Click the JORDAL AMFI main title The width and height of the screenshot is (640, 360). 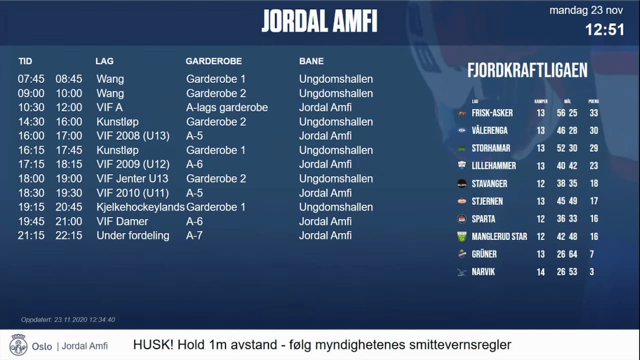point(319,21)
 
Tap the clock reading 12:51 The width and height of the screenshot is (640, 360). point(604,29)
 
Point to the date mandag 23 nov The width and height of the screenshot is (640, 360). point(586,10)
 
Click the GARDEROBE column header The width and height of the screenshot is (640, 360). point(213,61)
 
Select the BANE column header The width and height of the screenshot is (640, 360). point(311,61)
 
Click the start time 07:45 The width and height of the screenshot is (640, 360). point(31,79)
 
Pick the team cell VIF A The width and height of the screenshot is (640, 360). point(109,107)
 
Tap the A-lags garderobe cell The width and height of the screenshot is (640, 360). point(227,107)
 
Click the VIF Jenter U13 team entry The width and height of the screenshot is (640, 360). point(132,178)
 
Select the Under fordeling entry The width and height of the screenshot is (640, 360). point(133,235)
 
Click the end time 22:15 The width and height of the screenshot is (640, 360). point(69,235)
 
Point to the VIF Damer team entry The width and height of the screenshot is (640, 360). point(122,221)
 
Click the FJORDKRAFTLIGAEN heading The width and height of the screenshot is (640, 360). point(527,70)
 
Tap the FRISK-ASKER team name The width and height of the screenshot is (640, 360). point(492,113)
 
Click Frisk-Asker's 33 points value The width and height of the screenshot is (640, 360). point(593,113)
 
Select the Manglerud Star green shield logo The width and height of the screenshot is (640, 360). point(462,236)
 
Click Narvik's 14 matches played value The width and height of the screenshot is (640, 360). point(540,272)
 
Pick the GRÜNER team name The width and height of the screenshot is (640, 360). point(484,254)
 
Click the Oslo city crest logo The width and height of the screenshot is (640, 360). point(18,345)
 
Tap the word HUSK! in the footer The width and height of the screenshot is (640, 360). point(153,345)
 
